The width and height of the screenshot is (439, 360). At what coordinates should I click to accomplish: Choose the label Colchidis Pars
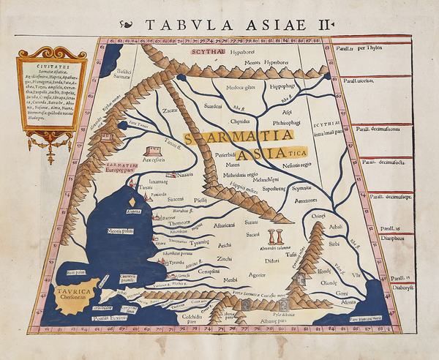tap(173, 318)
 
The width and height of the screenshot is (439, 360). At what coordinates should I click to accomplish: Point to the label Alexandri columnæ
tap(276, 249)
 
